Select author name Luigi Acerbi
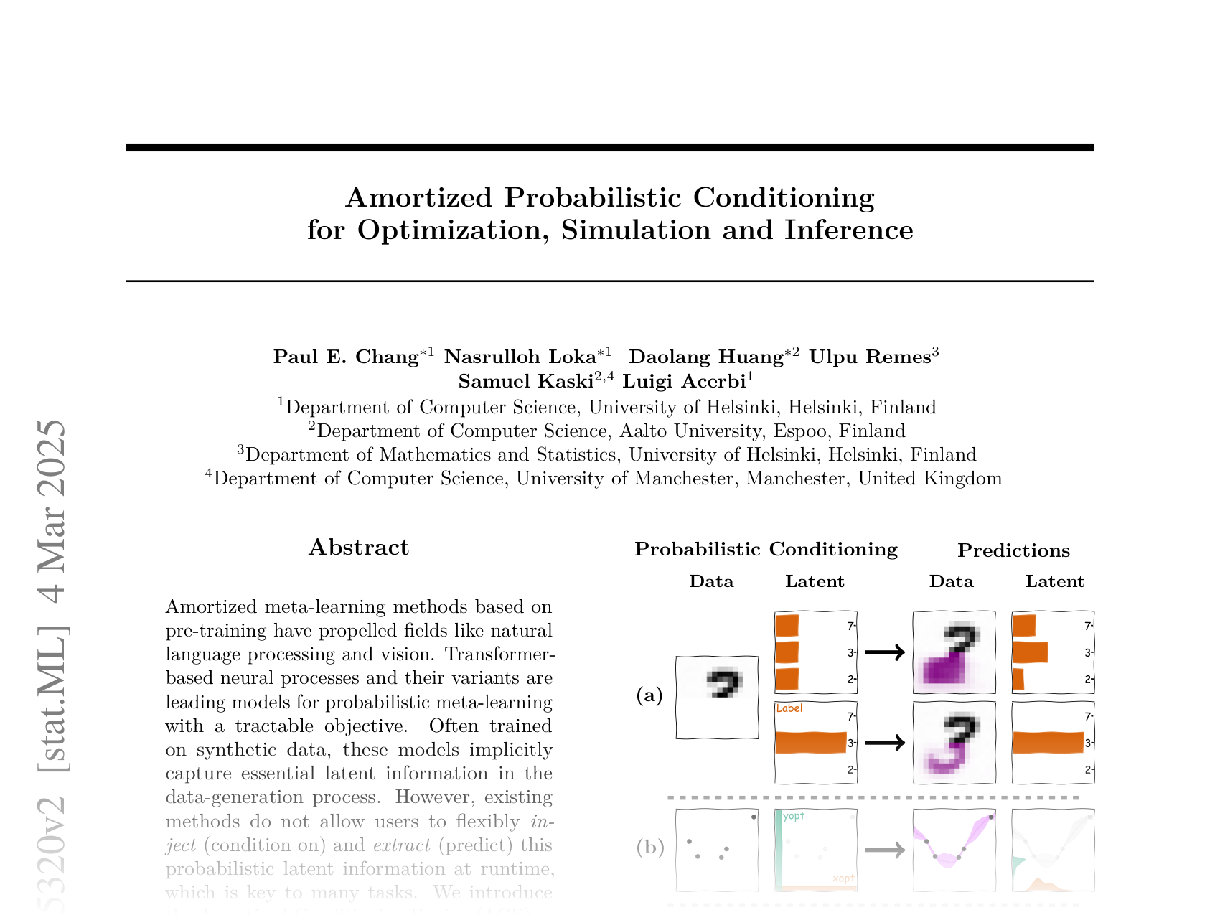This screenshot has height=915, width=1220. pyautogui.click(x=684, y=381)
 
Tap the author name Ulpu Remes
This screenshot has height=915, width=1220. pyautogui.click(x=870, y=357)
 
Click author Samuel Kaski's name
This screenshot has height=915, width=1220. pyautogui.click(x=525, y=381)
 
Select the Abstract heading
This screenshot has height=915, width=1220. pyautogui.click(x=359, y=548)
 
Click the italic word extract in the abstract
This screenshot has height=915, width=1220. pyautogui.click(x=402, y=845)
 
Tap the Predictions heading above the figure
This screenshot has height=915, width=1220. pyautogui.click(x=1013, y=551)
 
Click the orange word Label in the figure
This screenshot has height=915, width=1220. pyautogui.click(x=789, y=708)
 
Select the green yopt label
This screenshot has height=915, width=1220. pyautogui.click(x=794, y=816)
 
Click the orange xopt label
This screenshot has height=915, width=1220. pyautogui.click(x=843, y=878)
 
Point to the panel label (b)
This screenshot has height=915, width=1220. pyautogui.click(x=650, y=848)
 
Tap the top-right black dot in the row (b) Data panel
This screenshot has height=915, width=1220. pyautogui.click(x=754, y=817)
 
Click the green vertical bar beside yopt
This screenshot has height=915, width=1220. pyautogui.click(x=779, y=850)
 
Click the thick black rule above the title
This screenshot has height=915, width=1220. pyautogui.click(x=609, y=148)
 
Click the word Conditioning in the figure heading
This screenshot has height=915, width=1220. pyautogui.click(x=832, y=550)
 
